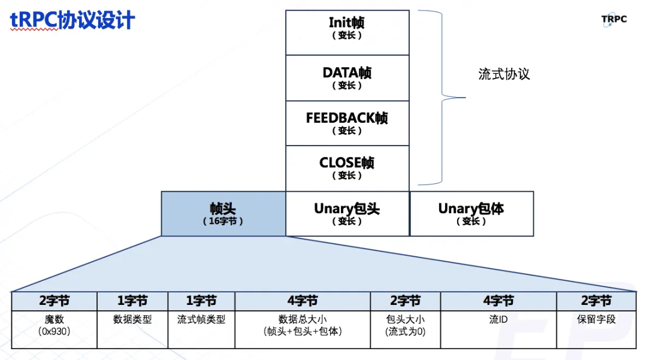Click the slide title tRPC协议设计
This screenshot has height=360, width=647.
pyautogui.click(x=72, y=21)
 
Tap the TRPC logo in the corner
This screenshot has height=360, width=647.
pyautogui.click(x=614, y=20)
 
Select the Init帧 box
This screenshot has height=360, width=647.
pyautogui.click(x=347, y=32)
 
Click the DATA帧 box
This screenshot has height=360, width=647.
pyautogui.click(x=347, y=78)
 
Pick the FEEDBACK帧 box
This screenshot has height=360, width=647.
pyautogui.click(x=347, y=123)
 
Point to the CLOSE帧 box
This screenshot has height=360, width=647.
pyautogui.click(x=347, y=168)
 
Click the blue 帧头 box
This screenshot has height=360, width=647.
pyautogui.click(x=223, y=213)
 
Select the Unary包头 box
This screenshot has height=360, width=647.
pyautogui.click(x=347, y=213)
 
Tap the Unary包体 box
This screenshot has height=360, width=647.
pyautogui.click(x=471, y=213)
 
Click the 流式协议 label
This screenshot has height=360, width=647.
pyautogui.click(x=504, y=74)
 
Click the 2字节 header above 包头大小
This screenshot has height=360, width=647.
pyautogui.click(x=406, y=301)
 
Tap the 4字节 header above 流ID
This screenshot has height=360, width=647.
pyautogui.click(x=498, y=301)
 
